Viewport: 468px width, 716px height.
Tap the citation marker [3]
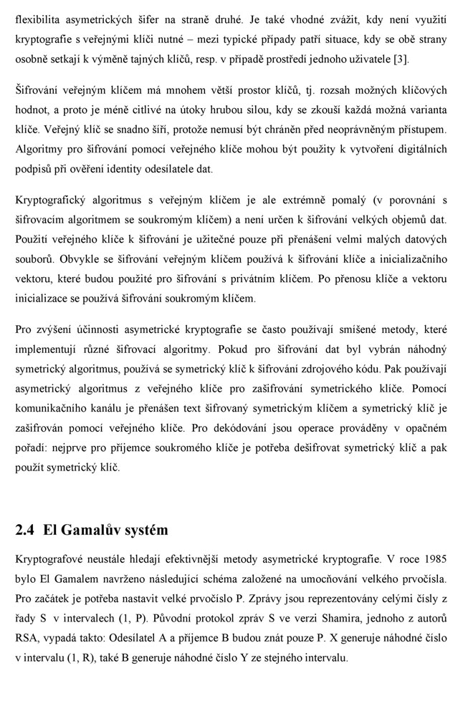coord(402,58)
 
